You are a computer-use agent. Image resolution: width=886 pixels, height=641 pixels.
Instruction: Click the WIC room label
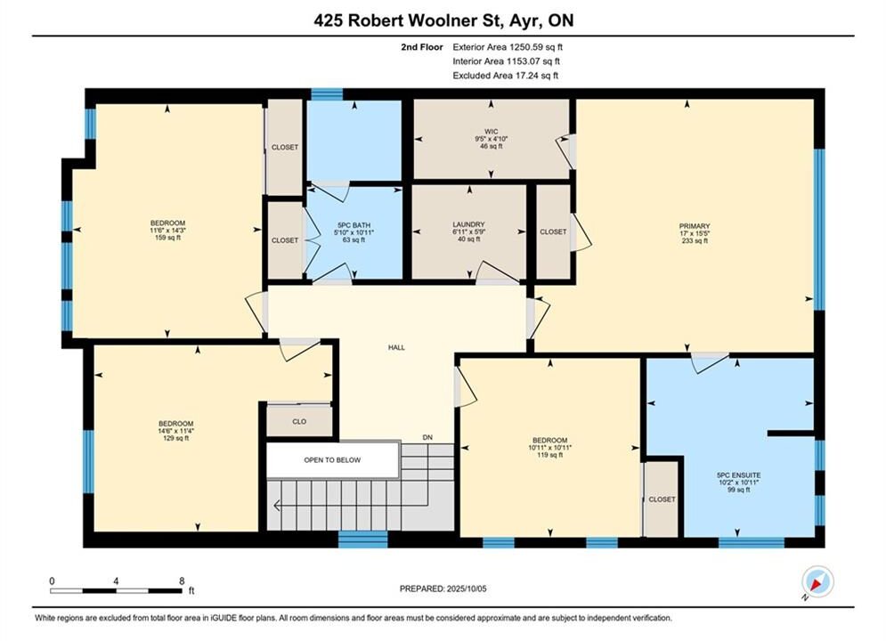coord(491,131)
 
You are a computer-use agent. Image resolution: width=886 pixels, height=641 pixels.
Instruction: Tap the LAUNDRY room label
coord(468,224)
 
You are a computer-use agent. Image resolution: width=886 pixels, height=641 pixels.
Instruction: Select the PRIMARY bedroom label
coord(695,226)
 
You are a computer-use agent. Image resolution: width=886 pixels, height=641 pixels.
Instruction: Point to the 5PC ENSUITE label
coord(738,475)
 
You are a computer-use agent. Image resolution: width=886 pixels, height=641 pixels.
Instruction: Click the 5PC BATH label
coord(354,225)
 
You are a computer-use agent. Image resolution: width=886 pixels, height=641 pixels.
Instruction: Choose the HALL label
coord(396,347)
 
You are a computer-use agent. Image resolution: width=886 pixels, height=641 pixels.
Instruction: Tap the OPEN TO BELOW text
coord(332,459)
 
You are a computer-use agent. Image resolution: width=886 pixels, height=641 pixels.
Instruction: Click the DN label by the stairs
coord(427,437)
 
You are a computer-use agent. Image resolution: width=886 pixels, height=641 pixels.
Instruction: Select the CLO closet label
coord(299,421)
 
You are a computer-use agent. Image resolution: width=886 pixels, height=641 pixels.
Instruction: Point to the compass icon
coord(817,581)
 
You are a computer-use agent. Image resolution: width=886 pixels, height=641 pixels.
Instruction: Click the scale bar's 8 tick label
coord(182,580)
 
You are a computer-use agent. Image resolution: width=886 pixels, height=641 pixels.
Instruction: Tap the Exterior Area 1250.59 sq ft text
coord(508,47)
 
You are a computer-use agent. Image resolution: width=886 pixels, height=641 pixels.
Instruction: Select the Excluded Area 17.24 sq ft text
coord(505,75)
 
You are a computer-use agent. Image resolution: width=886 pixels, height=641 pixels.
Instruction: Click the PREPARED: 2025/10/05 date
coord(443,588)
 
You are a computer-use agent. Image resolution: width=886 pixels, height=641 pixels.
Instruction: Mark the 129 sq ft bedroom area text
coord(175,438)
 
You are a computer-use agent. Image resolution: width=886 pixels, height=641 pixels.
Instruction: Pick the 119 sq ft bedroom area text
coord(549,455)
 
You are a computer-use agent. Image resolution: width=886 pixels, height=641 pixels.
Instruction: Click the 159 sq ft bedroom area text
coord(167,238)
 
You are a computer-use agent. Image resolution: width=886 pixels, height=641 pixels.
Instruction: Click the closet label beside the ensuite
coord(662,499)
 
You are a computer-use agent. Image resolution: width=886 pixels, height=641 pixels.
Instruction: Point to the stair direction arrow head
coord(276,505)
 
